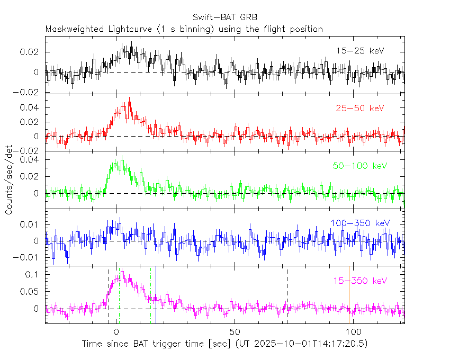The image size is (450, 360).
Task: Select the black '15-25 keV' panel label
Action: (359, 51)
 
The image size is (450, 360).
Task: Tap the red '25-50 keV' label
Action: (359, 109)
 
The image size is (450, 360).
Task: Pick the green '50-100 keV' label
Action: (359, 166)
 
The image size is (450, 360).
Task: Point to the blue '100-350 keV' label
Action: (359, 223)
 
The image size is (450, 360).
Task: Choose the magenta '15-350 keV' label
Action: (359, 280)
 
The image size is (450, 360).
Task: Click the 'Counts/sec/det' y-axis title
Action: (9, 181)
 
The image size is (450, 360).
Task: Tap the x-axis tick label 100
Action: (352, 332)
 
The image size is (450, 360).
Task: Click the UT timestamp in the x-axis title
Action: (301, 344)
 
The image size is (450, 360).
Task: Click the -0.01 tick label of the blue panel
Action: (31, 257)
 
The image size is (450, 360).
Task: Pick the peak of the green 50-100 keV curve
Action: (122, 157)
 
